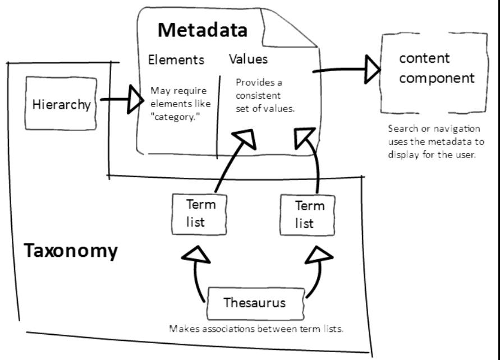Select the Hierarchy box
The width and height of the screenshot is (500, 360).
pyautogui.click(x=60, y=105)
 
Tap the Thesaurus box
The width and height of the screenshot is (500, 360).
pyautogui.click(x=254, y=303)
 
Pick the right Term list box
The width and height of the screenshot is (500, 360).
pyautogui.click(x=308, y=214)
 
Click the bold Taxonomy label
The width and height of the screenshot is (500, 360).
pyautogui.click(x=71, y=251)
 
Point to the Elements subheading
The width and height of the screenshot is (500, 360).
pyautogui.click(x=176, y=59)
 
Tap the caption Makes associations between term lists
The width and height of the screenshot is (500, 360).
pyautogui.click(x=256, y=329)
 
